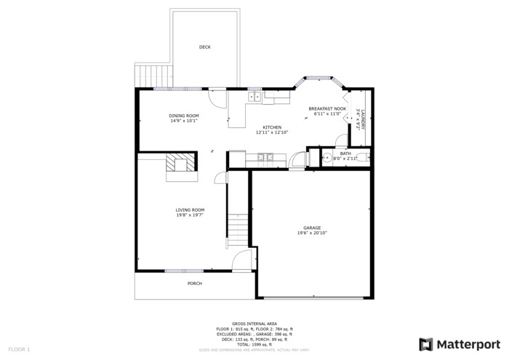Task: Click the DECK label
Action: (x=204, y=47)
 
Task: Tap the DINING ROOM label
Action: (x=184, y=116)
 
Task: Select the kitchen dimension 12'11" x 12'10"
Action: (x=272, y=132)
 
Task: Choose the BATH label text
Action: (x=345, y=153)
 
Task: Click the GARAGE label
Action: (x=312, y=228)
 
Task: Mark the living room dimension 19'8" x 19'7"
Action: (x=190, y=215)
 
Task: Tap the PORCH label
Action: (x=194, y=283)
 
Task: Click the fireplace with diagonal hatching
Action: (x=180, y=164)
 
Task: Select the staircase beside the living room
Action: (x=239, y=229)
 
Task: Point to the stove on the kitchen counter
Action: (x=265, y=156)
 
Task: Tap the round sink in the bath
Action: (x=327, y=157)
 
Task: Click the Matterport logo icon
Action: (x=427, y=344)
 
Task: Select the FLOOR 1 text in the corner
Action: (x=18, y=349)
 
